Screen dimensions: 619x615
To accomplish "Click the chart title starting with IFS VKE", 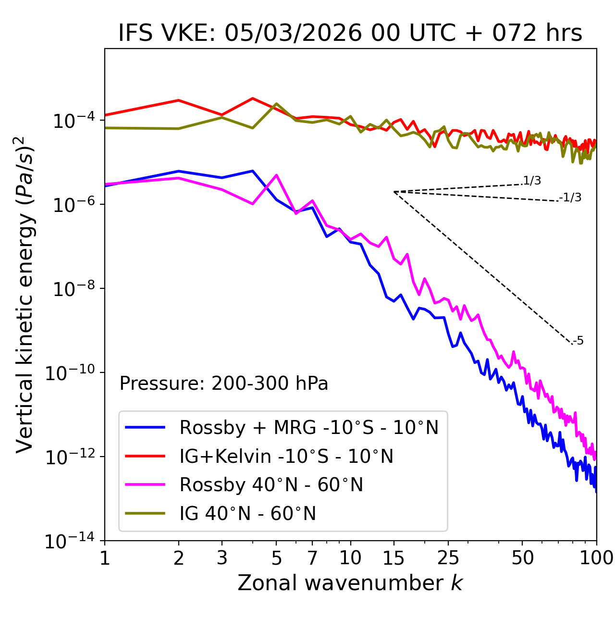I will point(350,34).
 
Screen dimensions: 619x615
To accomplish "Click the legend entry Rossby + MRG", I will point(309,427).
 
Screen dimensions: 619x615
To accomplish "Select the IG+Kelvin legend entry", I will point(286,456).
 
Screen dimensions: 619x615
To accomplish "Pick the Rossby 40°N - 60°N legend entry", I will point(271,485).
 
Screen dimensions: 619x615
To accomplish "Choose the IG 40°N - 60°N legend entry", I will point(247,514).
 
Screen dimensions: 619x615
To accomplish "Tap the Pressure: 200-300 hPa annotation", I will point(224,384).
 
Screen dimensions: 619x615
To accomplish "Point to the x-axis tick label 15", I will point(394,558).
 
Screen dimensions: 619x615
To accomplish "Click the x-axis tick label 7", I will point(312,558).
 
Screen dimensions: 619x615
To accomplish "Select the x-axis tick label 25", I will point(448,558).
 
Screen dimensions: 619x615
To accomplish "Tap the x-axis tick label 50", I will point(522,558).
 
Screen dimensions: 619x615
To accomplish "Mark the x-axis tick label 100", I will point(596,558).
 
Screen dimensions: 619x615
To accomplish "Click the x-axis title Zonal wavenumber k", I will point(350,583).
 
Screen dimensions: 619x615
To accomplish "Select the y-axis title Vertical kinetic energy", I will point(25,294).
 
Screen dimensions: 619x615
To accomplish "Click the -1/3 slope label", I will point(571,198).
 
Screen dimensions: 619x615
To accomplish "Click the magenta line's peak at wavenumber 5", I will point(276,175).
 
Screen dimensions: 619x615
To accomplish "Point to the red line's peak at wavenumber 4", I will point(253,99).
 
